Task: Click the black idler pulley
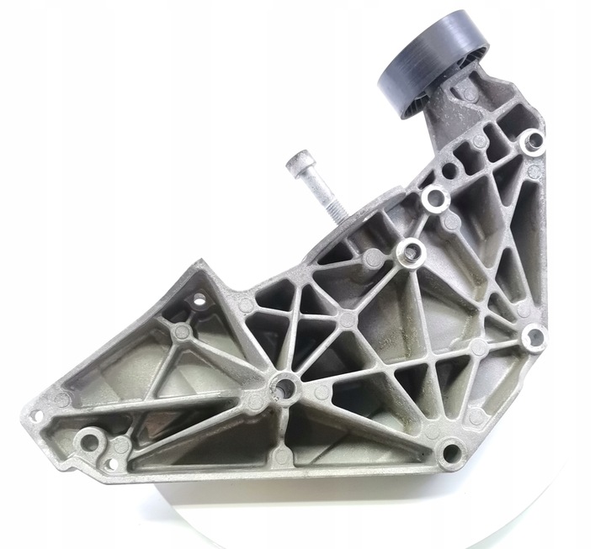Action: click(433, 63)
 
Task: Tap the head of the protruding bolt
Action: click(298, 161)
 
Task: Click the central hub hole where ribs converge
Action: click(285, 388)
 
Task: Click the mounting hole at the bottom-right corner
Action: click(450, 454)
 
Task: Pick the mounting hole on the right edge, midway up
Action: click(534, 338)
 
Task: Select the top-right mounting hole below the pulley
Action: click(532, 142)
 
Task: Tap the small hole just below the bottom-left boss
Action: click(110, 463)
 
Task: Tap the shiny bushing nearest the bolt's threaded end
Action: click(410, 250)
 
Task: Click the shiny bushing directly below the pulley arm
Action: click(433, 198)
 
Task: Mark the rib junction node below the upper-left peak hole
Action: click(181, 333)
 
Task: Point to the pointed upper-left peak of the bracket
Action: click(200, 267)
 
